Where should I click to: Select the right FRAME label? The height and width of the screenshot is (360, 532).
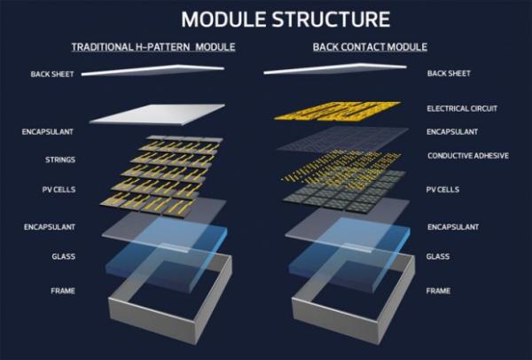click(x=439, y=290)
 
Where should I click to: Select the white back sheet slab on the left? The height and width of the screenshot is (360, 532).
click(x=168, y=115)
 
